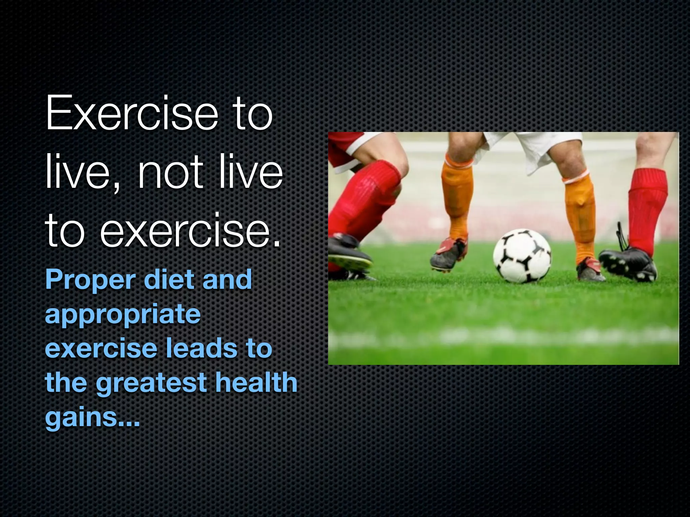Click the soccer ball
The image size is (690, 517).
[522, 256]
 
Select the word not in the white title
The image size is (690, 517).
[170, 173]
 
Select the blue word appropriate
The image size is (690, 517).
[123, 315]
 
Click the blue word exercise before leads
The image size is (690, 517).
[101, 348]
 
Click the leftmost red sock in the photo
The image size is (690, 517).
[364, 199]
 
